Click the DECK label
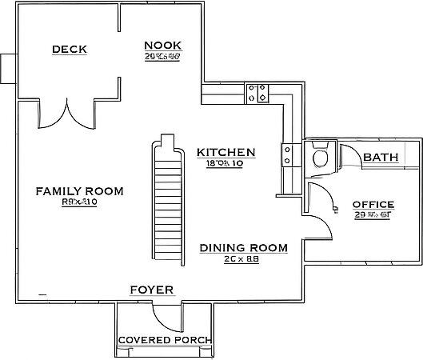coord(70,50)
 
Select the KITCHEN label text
coord(226,152)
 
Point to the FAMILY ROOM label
coord(79,191)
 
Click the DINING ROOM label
coord(243,248)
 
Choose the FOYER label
coord(151,290)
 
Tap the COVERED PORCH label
coord(164,341)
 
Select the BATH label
coord(381,158)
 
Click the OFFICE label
coord(373,205)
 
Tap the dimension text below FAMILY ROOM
coord(78,203)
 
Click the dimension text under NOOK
coord(162,57)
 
